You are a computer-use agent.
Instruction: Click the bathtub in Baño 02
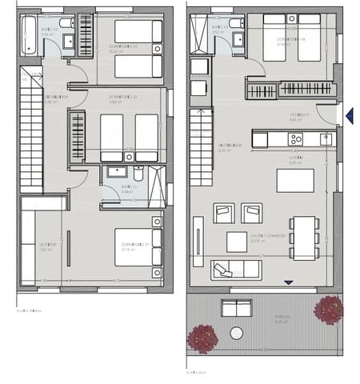coord(29,32)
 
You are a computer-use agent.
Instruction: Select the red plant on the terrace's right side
coord(328,310)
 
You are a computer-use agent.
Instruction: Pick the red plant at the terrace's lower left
coord(202,338)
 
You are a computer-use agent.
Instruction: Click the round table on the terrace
coord(236,333)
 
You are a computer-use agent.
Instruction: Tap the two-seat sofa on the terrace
coord(236,308)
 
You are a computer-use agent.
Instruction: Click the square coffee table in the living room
coord(237,241)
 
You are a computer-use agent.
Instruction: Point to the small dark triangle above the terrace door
coord(289,282)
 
